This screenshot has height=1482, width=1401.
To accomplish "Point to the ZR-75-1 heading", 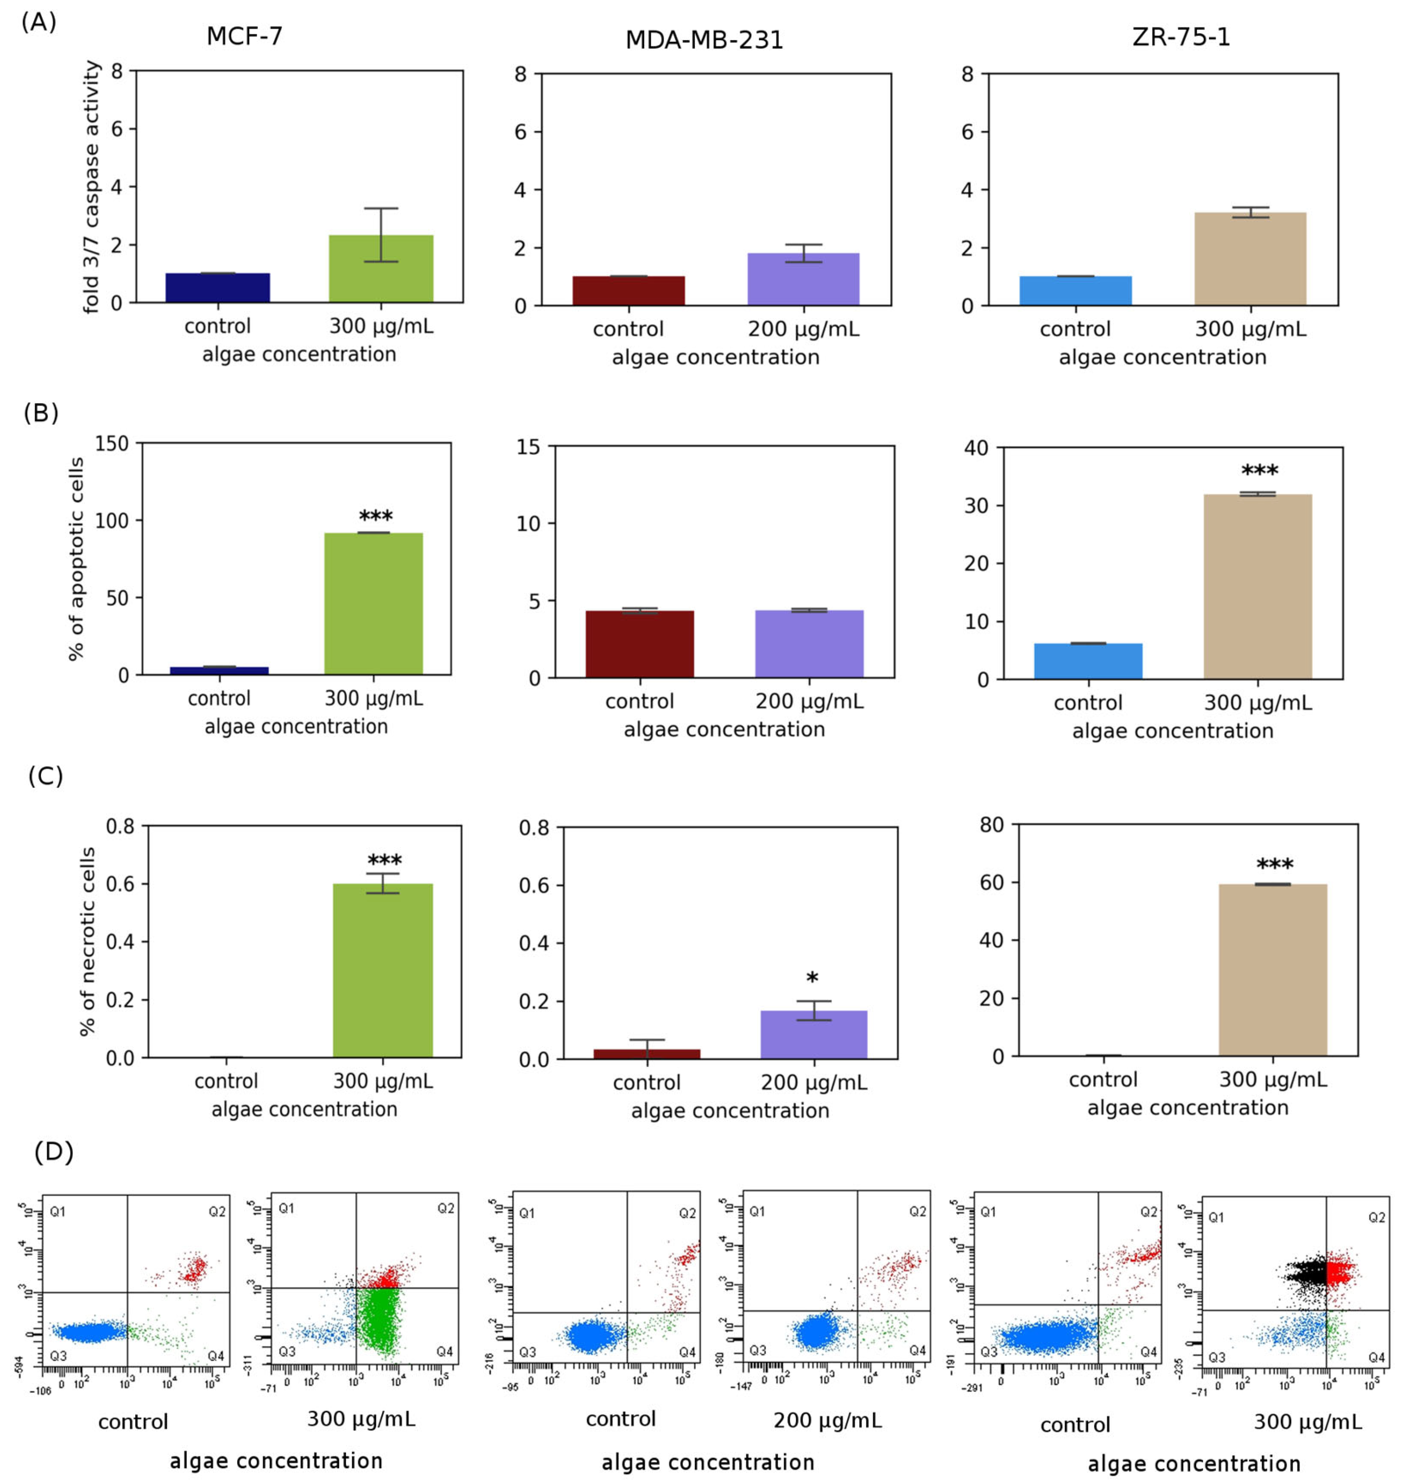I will pyautogui.click(x=1181, y=36).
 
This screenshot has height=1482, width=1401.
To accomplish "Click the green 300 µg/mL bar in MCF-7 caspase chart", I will pyautogui.click(x=381, y=269).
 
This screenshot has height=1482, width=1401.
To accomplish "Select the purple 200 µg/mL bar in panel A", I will pyautogui.click(x=803, y=280).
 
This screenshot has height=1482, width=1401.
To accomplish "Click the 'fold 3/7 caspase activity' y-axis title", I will pyautogui.click(x=92, y=187).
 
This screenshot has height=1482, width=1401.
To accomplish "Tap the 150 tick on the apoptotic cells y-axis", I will pyautogui.click(x=112, y=443).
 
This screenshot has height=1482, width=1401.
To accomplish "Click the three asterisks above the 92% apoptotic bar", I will pyautogui.click(x=376, y=517).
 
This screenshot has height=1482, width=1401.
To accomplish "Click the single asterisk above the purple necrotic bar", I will pyautogui.click(x=813, y=979).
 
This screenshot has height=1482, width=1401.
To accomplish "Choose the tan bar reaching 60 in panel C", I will pyautogui.click(x=1273, y=970).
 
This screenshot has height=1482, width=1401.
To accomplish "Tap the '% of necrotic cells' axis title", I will pyautogui.click(x=88, y=941).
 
